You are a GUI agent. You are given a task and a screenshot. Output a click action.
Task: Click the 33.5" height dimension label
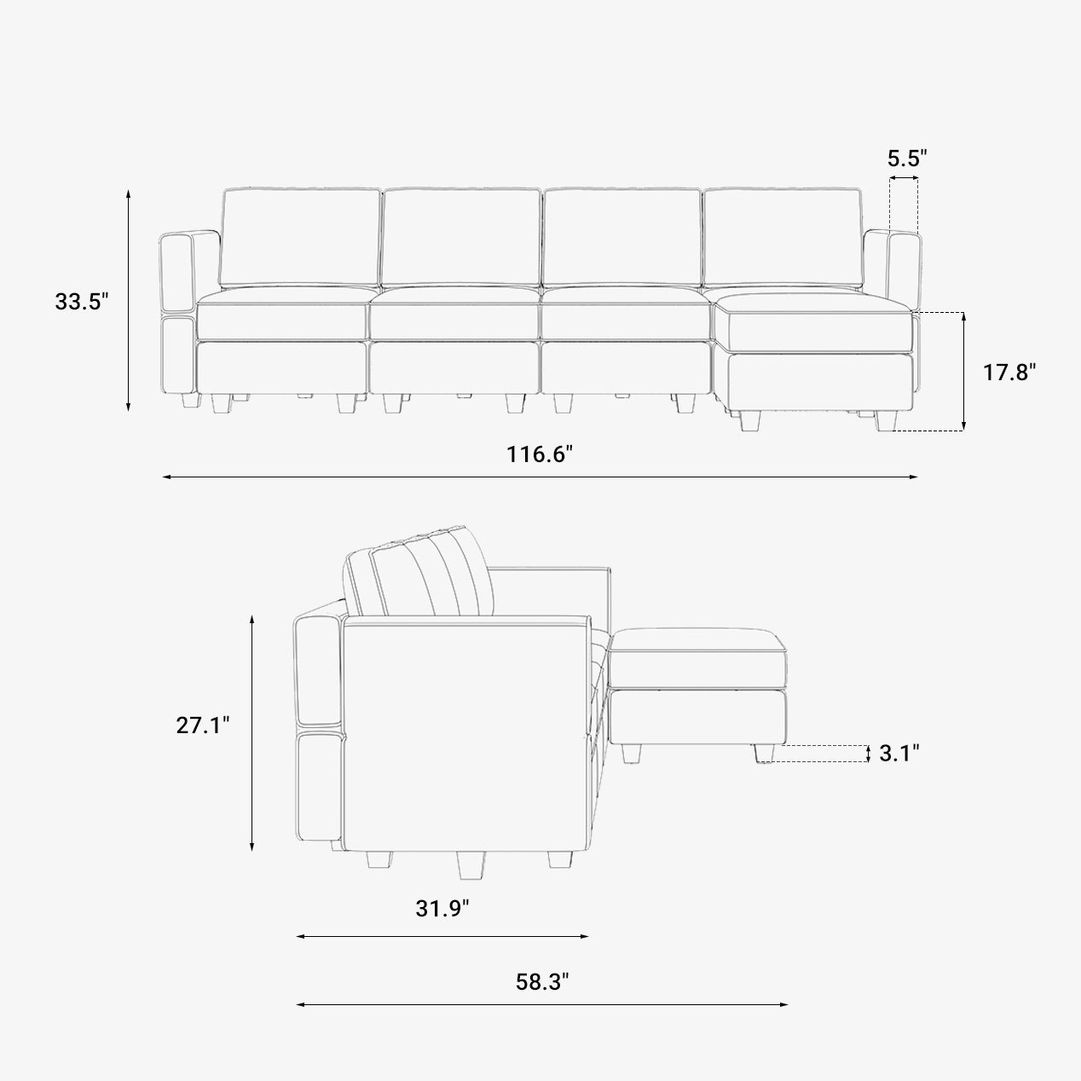coord(81,301)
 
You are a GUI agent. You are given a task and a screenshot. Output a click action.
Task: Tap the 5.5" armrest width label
coord(907,159)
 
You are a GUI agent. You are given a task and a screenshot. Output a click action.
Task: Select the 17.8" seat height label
coord(1009,372)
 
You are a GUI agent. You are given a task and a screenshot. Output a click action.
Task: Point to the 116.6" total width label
coord(540,454)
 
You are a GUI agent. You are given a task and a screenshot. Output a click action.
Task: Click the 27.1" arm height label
coord(203,725)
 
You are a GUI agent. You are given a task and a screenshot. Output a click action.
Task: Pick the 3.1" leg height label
coord(899,753)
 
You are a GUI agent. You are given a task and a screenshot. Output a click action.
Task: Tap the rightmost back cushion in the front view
coord(783,238)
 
